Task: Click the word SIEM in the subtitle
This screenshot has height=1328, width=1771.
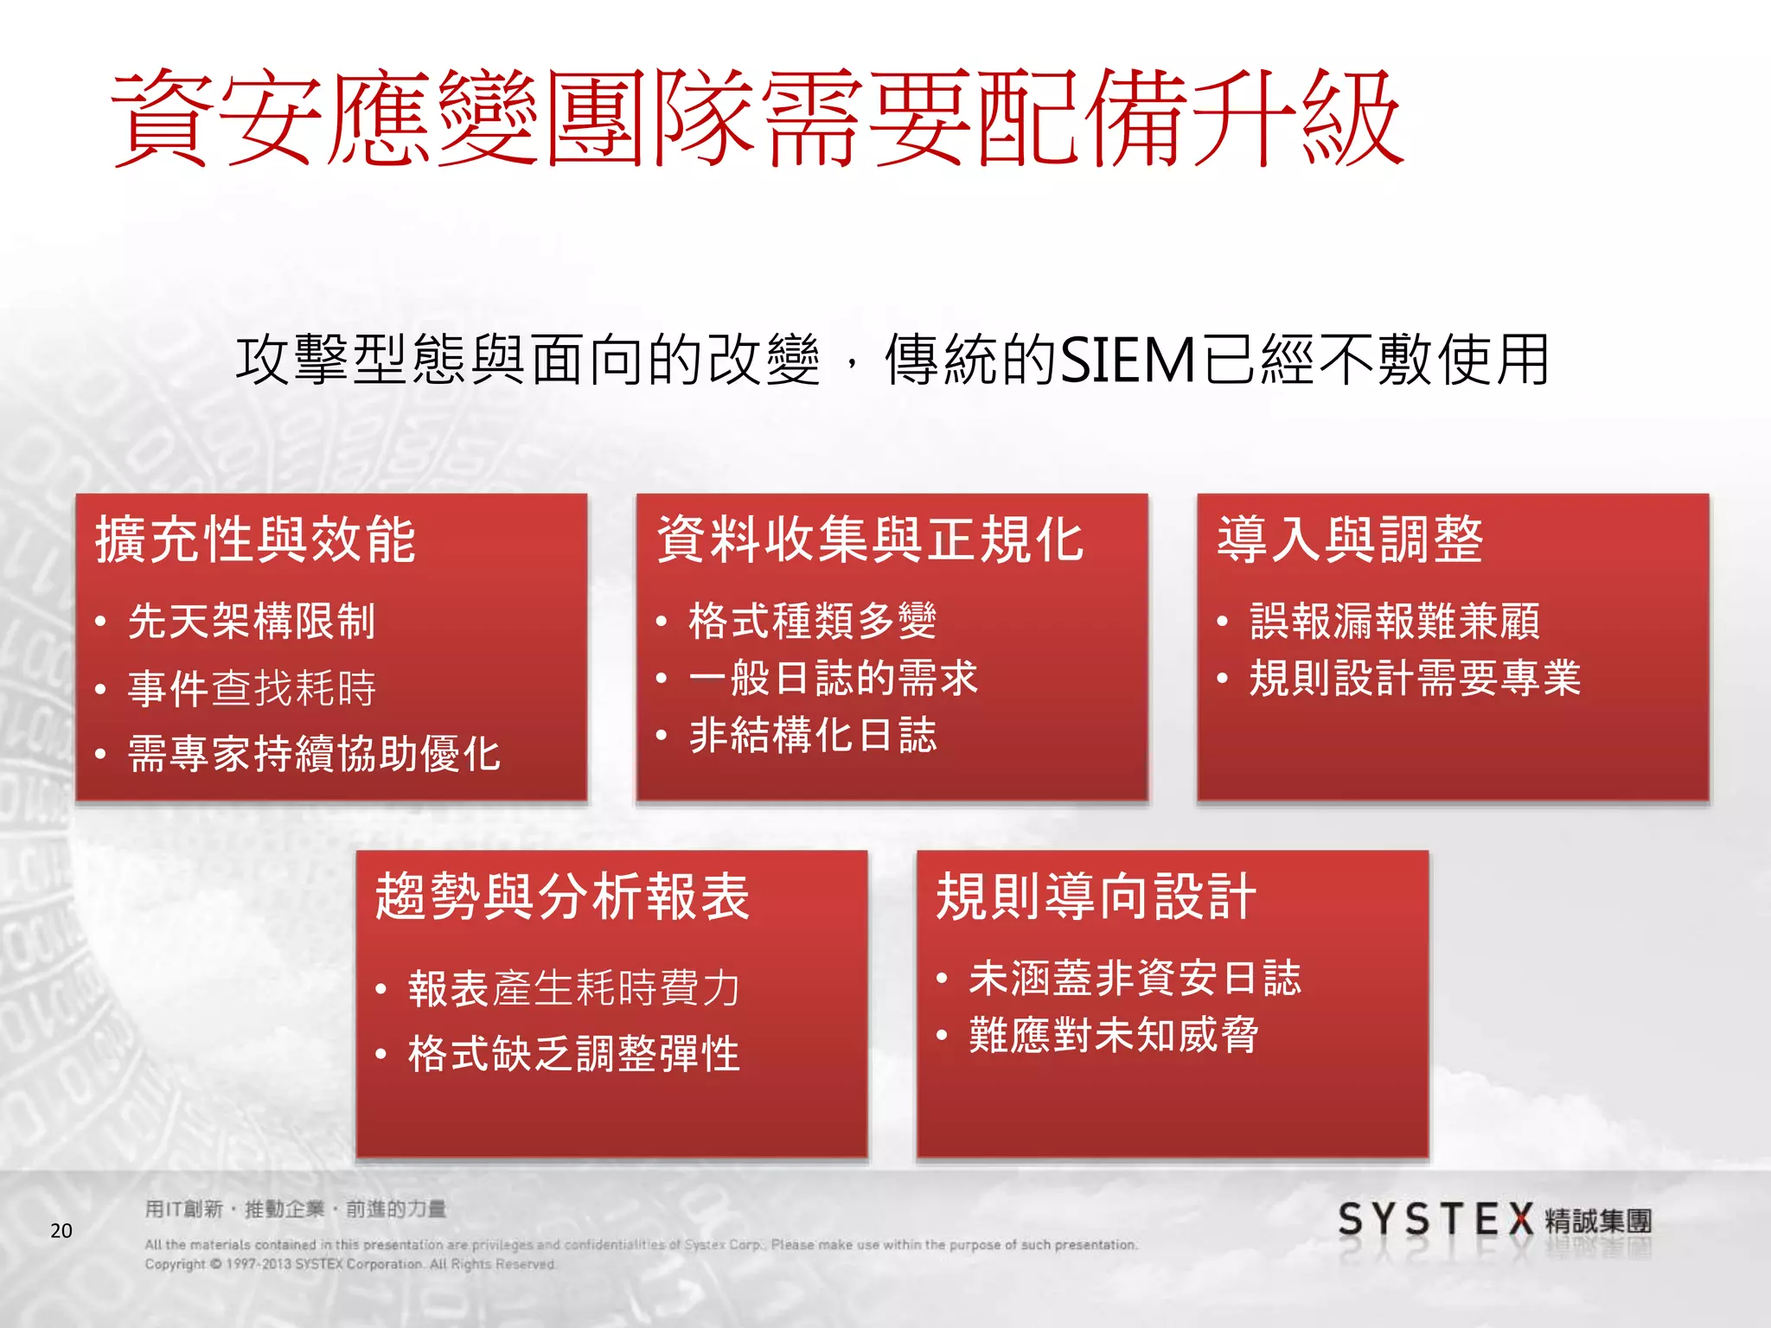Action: click(1128, 360)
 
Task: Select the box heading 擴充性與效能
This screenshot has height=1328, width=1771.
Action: click(256, 540)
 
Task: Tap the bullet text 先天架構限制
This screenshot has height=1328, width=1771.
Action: click(252, 622)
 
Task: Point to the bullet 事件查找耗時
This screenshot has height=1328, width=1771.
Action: click(252, 688)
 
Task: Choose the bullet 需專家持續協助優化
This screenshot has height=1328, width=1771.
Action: click(314, 754)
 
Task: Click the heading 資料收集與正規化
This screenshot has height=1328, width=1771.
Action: click(870, 540)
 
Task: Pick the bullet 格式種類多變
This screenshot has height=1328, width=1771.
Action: click(813, 622)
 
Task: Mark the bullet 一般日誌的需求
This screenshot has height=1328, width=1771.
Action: click(834, 678)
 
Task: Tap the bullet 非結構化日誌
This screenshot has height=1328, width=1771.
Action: click(813, 736)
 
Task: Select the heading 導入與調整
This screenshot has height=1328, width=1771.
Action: click(1350, 540)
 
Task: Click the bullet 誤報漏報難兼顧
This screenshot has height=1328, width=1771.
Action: click(1395, 622)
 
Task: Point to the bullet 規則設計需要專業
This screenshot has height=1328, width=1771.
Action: click(1416, 678)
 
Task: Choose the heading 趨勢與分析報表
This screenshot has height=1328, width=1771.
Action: click(562, 897)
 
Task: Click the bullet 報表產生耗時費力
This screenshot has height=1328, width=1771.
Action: click(574, 988)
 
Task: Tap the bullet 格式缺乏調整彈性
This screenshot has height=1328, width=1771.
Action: click(574, 1054)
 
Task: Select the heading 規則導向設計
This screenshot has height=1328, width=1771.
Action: click(1096, 897)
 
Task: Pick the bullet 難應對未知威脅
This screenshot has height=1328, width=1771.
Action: click(1114, 1035)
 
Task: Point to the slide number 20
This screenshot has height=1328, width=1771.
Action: click(61, 1231)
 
